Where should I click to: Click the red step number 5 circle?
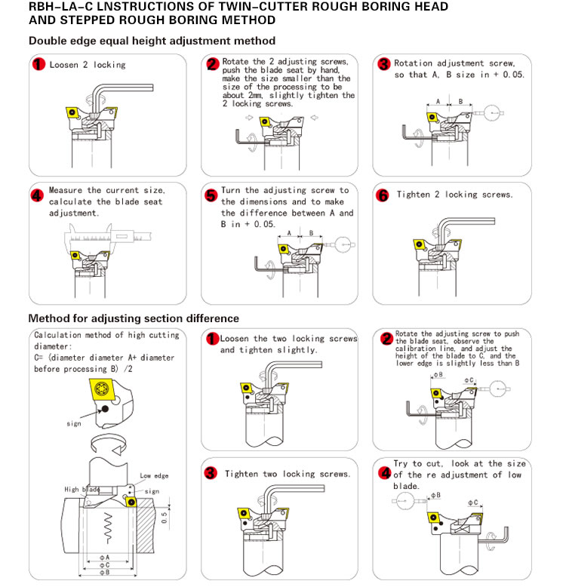[x=211, y=195]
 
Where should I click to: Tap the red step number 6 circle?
[x=383, y=195]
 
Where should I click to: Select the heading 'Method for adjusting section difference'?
[x=134, y=318]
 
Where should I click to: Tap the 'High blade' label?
[x=81, y=490]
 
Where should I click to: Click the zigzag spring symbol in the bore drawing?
[x=109, y=524]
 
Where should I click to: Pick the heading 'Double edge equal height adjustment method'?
[x=152, y=41]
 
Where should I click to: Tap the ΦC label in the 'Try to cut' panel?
[x=473, y=502]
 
